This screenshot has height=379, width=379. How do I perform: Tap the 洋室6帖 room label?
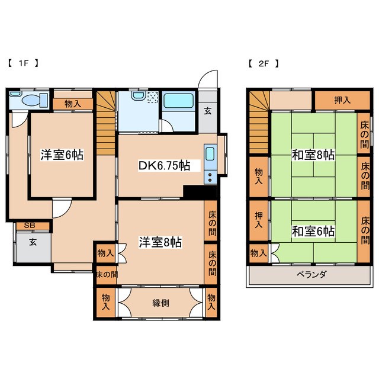pyautogui.click(x=62, y=155)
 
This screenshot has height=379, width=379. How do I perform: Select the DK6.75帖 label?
pyautogui.click(x=156, y=166)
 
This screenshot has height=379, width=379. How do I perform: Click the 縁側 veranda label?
pyautogui.click(x=160, y=303)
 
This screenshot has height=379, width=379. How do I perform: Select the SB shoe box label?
pyautogui.click(x=29, y=226)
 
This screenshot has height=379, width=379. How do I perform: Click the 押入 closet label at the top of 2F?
pyautogui.click(x=342, y=100)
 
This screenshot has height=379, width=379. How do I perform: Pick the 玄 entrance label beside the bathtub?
pyautogui.click(x=208, y=109)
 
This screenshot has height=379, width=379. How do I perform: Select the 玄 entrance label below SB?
pyautogui.click(x=33, y=242)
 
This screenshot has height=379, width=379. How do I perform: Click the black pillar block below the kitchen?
pyautogui.click(x=194, y=193)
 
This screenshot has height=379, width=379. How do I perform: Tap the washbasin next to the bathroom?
pyautogui.click(x=137, y=97)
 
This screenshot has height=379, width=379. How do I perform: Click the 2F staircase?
pyautogui.click(x=258, y=124)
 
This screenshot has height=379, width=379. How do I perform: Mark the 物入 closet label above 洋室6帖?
pyautogui.click(x=73, y=104)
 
